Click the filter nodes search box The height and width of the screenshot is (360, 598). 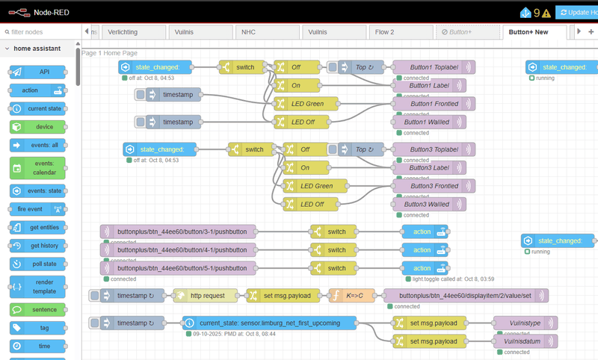point(41,32)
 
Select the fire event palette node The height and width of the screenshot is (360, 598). point(37,208)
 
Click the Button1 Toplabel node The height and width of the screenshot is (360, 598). point(429,67)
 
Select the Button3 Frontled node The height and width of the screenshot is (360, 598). point(429,186)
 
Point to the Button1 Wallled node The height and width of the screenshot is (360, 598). point(429,122)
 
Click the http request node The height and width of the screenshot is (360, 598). point(206,296)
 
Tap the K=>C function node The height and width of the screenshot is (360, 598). point(351,296)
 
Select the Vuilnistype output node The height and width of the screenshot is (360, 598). point(525,323)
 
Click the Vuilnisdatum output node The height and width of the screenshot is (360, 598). point(525,341)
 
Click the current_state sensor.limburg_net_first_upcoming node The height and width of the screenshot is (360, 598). point(270,323)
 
